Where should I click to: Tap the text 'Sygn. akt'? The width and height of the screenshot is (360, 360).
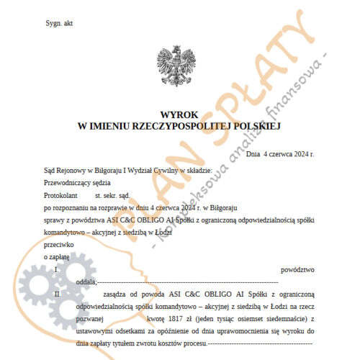click(59, 24)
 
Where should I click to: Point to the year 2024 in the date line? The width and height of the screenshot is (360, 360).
click(303, 154)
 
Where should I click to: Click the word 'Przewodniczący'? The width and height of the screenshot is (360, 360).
click(66, 182)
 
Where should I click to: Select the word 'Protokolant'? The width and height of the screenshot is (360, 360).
click(60, 194)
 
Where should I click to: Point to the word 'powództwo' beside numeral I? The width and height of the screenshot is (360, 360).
click(298, 269)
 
